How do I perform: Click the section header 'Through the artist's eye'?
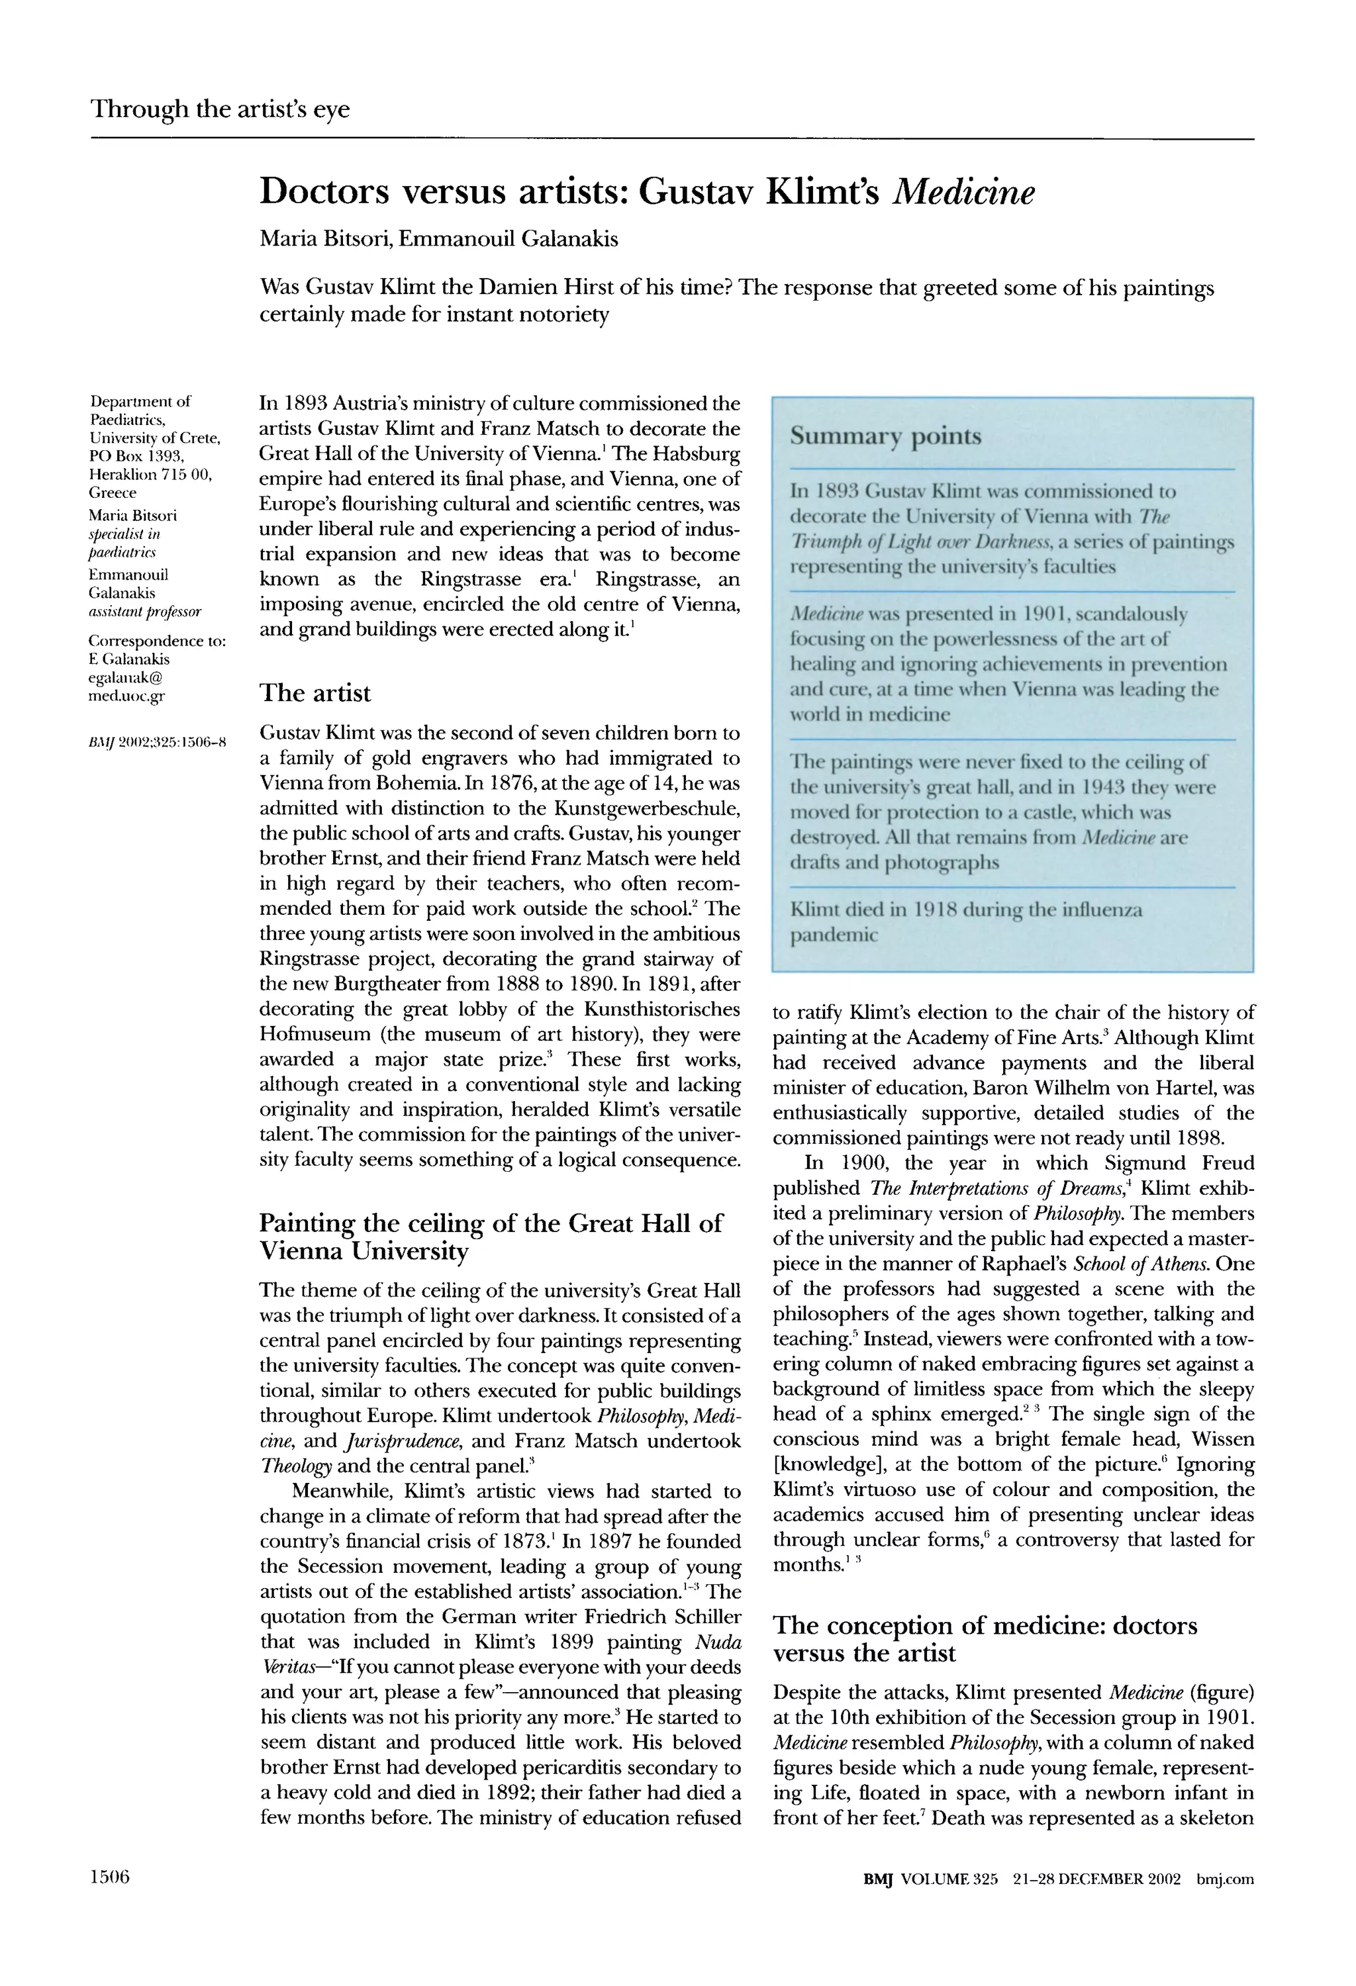[220, 109]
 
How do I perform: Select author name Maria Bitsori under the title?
[324, 238]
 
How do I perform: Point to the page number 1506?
[109, 1878]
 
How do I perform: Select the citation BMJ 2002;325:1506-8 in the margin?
[157, 741]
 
